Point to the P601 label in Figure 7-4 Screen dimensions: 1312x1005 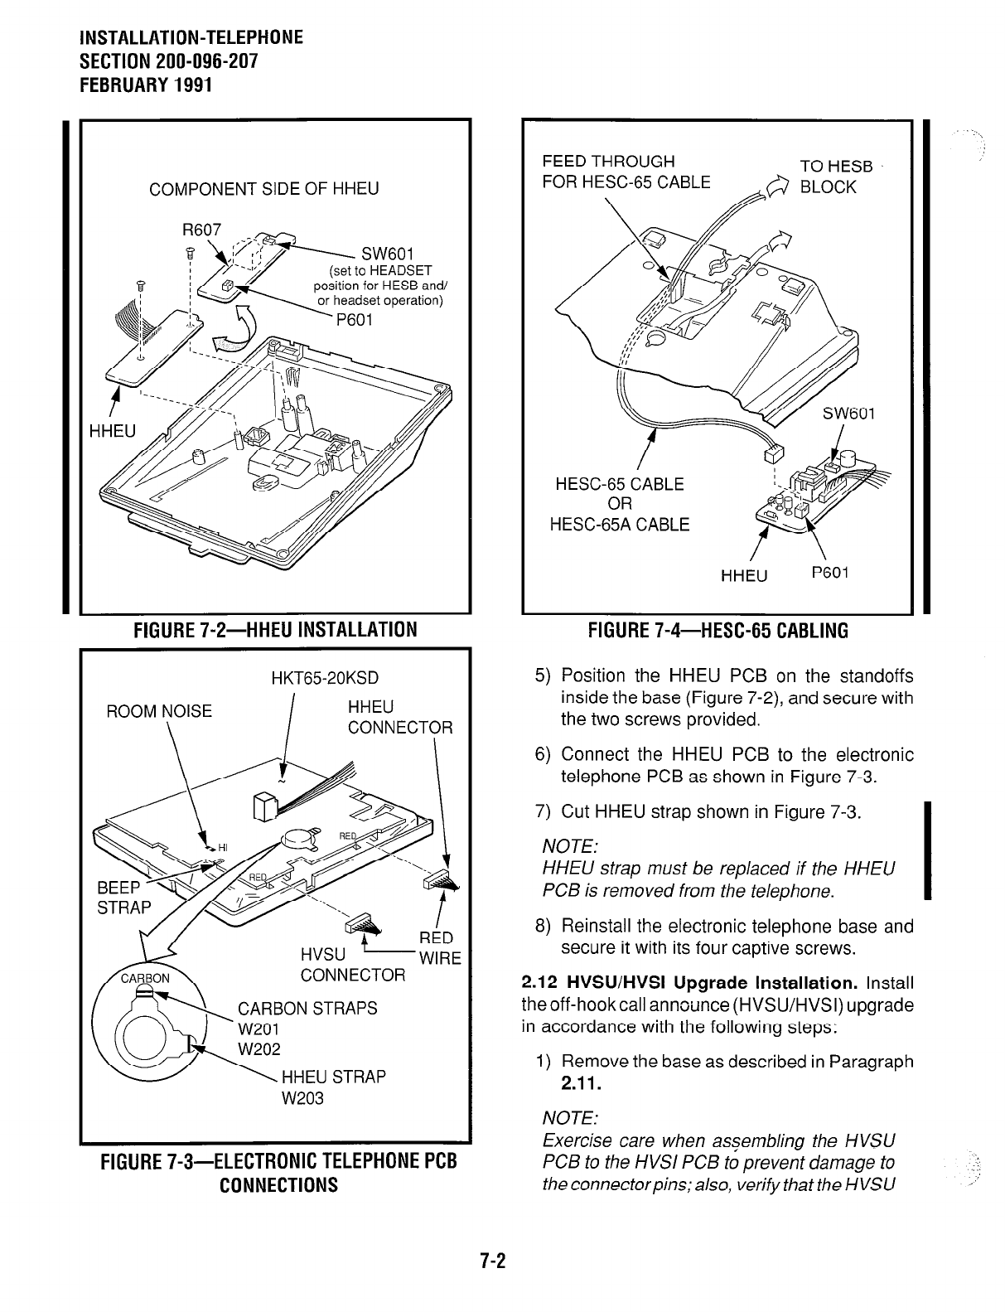[829, 573]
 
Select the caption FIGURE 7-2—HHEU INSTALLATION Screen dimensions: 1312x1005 [275, 630]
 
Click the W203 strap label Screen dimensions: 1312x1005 [302, 1098]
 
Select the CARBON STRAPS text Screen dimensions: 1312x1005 [307, 1009]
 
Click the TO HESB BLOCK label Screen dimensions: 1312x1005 [835, 176]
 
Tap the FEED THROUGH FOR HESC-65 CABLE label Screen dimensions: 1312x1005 [626, 171]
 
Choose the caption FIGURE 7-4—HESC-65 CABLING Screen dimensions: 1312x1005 [718, 631]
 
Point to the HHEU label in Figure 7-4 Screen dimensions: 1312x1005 [744, 574]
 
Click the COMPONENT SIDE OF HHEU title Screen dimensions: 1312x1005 [263, 189]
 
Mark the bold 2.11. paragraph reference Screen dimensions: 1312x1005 [577, 1083]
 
